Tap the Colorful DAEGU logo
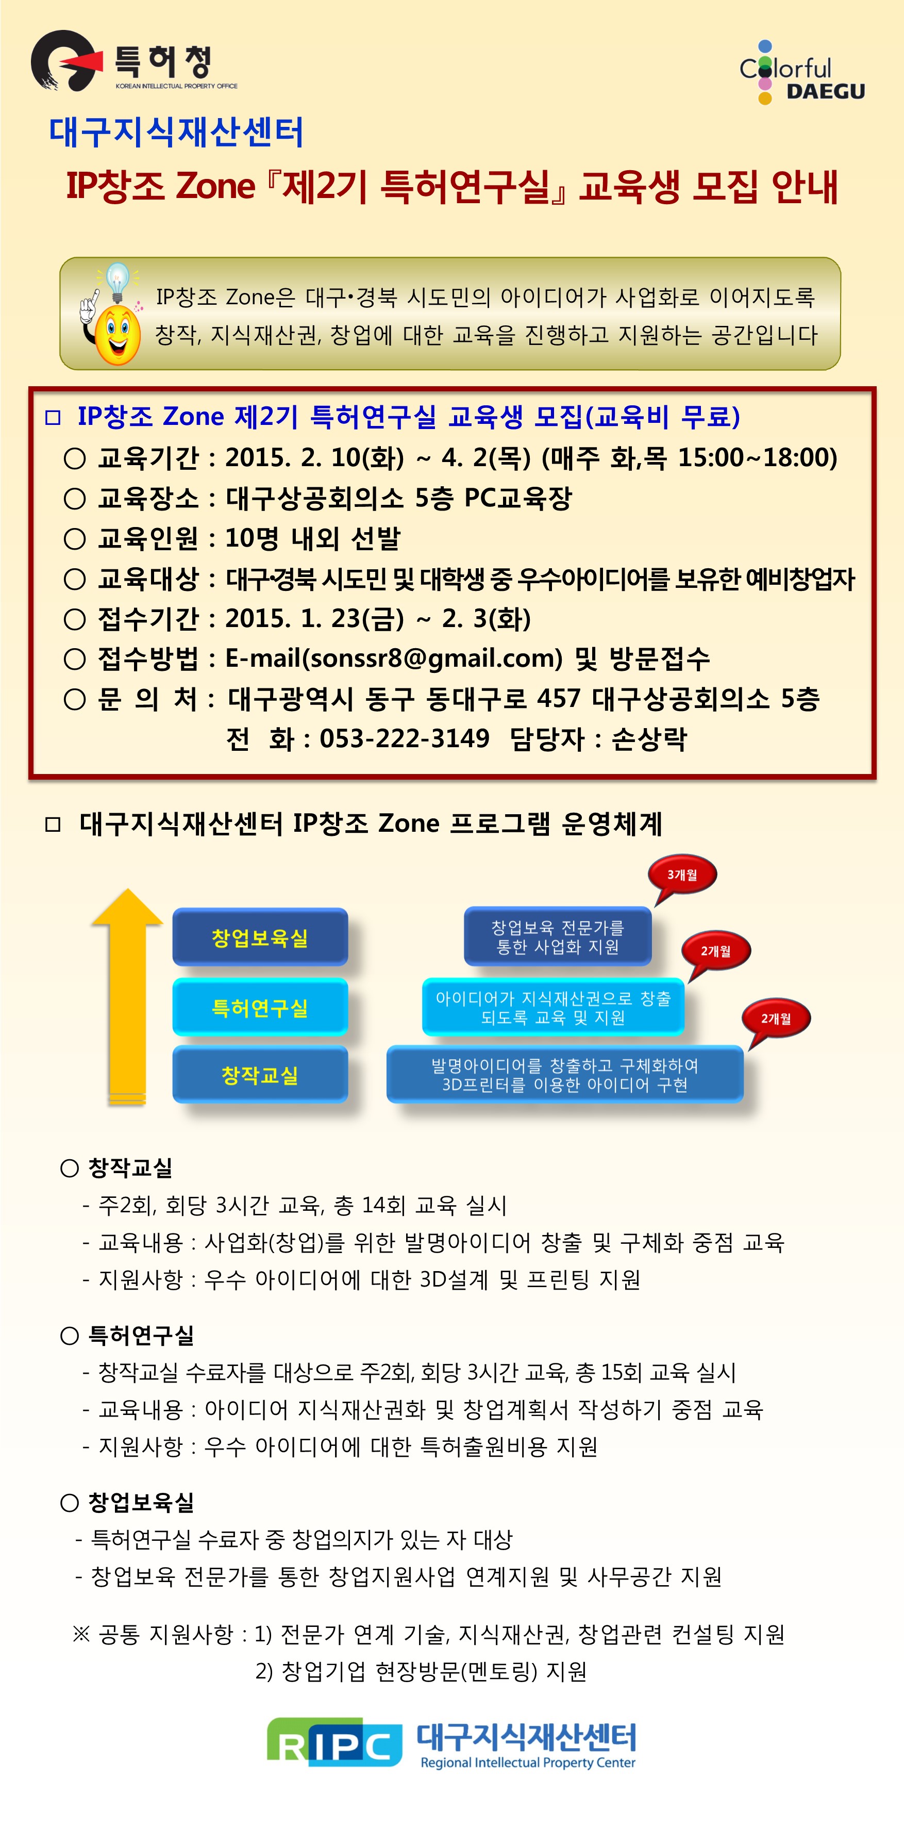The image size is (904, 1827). pos(802,72)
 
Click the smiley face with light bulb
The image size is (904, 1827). pos(112,314)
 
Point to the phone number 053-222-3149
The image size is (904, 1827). pos(404,738)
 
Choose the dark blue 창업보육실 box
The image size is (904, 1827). pos(260,937)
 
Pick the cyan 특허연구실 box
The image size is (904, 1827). pos(260,1007)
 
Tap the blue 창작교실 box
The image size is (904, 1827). pos(260,1075)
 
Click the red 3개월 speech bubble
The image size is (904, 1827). pos(681,876)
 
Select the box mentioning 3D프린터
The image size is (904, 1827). pos(565,1075)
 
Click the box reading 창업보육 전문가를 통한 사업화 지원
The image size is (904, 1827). pos(558,936)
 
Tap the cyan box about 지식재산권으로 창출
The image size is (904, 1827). pos(553,1007)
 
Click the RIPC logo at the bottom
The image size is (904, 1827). pos(334,1742)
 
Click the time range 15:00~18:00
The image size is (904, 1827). pos(757,457)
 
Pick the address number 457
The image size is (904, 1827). pos(559,699)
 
